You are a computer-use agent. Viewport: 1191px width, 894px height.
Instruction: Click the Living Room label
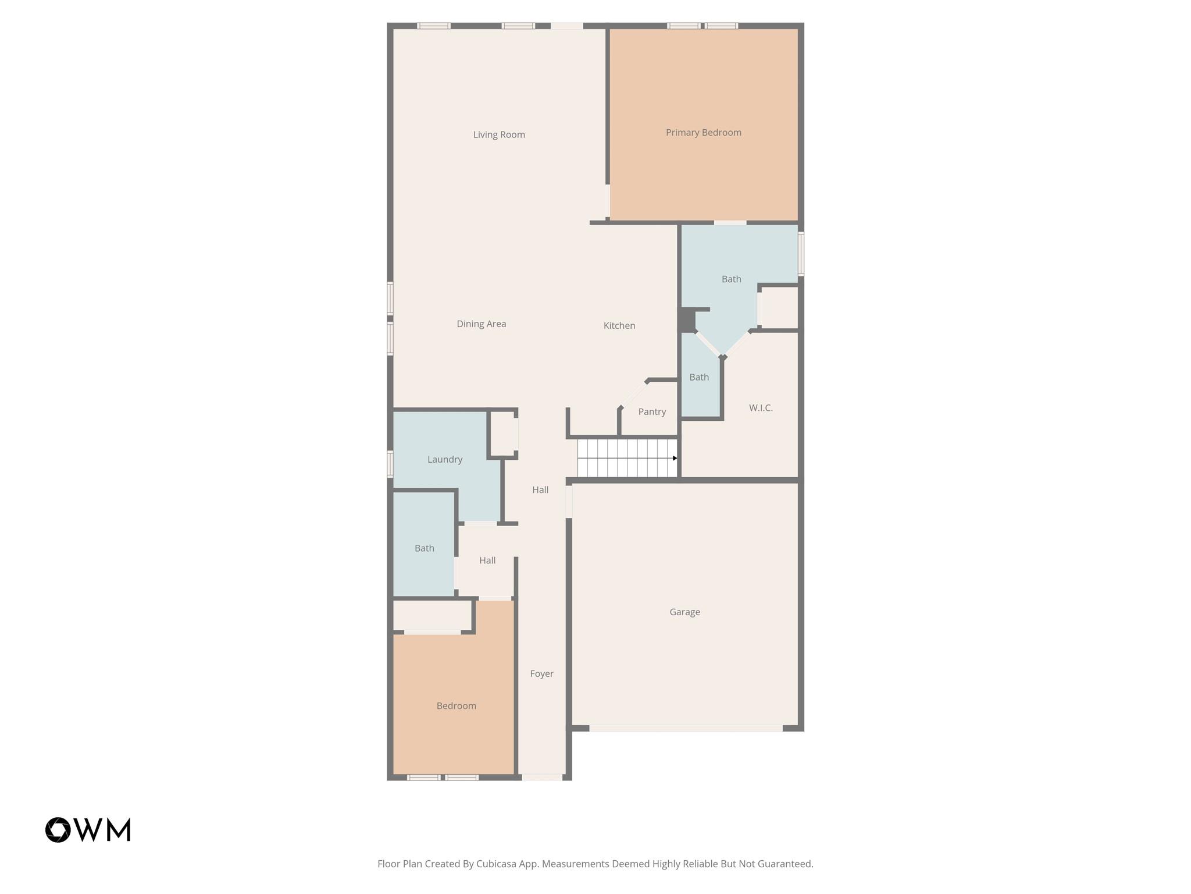pyautogui.click(x=499, y=134)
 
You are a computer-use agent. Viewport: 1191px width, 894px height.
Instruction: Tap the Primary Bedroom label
pyautogui.click(x=703, y=133)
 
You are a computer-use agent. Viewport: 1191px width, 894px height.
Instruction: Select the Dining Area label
pyautogui.click(x=481, y=324)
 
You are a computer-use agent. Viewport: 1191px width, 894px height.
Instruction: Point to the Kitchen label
pyautogui.click(x=619, y=325)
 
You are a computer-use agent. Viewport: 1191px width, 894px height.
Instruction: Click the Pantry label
pyautogui.click(x=652, y=411)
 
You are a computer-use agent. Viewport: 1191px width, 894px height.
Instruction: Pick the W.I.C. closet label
pyautogui.click(x=761, y=408)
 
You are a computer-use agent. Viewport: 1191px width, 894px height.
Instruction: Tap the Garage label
pyautogui.click(x=684, y=612)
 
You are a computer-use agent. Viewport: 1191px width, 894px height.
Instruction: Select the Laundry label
pyautogui.click(x=445, y=459)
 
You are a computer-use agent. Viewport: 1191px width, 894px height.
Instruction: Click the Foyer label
pyautogui.click(x=541, y=673)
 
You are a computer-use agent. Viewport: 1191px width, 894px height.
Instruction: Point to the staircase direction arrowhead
pyautogui.click(x=675, y=458)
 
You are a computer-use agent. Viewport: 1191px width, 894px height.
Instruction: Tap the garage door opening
pyautogui.click(x=686, y=728)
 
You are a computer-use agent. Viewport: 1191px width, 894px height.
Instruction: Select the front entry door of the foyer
pyautogui.click(x=542, y=777)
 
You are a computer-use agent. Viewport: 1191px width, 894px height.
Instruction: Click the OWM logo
pyautogui.click(x=88, y=829)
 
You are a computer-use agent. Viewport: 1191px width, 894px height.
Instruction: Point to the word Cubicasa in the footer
pyautogui.click(x=498, y=864)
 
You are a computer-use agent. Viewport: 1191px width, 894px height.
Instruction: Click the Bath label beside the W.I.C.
pyautogui.click(x=699, y=377)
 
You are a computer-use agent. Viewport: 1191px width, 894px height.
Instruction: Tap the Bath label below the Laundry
pyautogui.click(x=424, y=548)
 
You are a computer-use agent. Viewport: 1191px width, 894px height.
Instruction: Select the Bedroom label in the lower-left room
pyautogui.click(x=456, y=706)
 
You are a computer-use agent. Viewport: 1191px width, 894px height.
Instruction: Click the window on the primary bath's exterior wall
pyautogui.click(x=801, y=254)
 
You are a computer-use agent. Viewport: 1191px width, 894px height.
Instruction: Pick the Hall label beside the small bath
pyautogui.click(x=487, y=560)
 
